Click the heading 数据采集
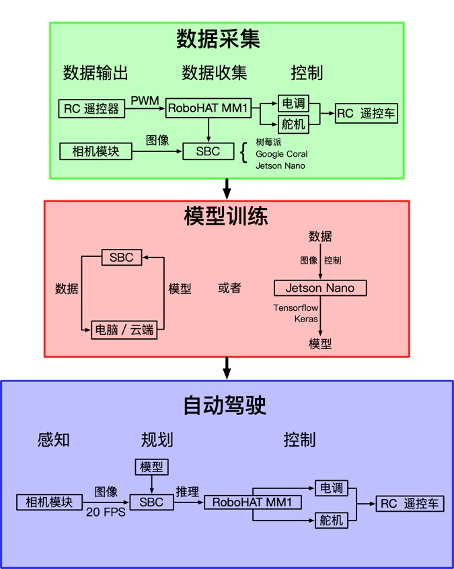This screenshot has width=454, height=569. pos(218,39)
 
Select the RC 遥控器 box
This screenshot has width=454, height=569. pos(92,108)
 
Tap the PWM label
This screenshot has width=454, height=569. pos(145,101)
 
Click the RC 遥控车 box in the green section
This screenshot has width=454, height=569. pos(367,114)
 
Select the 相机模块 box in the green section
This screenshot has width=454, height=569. pos(96,151)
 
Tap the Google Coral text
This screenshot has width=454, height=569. pos(281,154)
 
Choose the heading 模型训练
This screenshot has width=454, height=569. pos(226,217)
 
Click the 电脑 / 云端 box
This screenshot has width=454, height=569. pos(124,331)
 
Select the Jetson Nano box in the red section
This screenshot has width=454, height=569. pos(321,289)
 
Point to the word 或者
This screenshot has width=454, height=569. pos(229,288)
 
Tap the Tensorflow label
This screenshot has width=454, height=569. pos(295,307)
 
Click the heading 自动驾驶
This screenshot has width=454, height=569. pos(226,406)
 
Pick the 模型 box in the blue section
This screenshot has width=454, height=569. pos(151,466)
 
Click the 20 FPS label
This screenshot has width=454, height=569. pos(105,511)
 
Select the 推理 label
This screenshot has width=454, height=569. pos(187,492)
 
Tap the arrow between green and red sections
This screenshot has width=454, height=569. pos(227,188)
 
